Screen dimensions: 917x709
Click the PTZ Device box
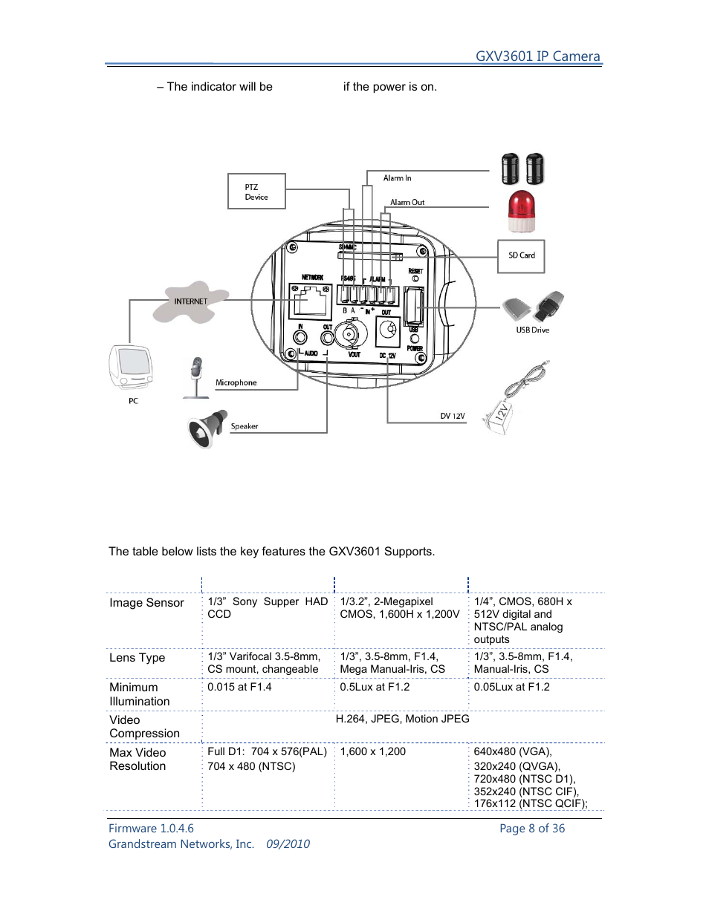coord(256,192)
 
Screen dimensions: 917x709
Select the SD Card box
coord(521,256)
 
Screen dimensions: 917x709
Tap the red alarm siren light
coord(521,212)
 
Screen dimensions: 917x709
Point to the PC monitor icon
coord(131,367)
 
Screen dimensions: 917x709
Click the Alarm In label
coord(397,178)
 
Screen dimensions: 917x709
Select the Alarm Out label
coord(407,202)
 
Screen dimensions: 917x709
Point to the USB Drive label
coord(532,330)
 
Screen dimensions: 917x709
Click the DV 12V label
coord(452,417)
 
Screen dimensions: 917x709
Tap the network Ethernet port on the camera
coord(310,301)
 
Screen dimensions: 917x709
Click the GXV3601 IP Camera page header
coord(537,56)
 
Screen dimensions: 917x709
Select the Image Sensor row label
coord(146,603)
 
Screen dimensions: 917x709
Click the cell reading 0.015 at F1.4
coord(239,688)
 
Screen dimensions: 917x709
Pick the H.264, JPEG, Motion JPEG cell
coord(402,719)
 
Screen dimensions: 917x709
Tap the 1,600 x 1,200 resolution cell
coord(373,752)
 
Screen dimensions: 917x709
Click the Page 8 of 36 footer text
coord(531,829)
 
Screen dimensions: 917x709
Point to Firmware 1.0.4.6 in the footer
coord(151,829)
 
